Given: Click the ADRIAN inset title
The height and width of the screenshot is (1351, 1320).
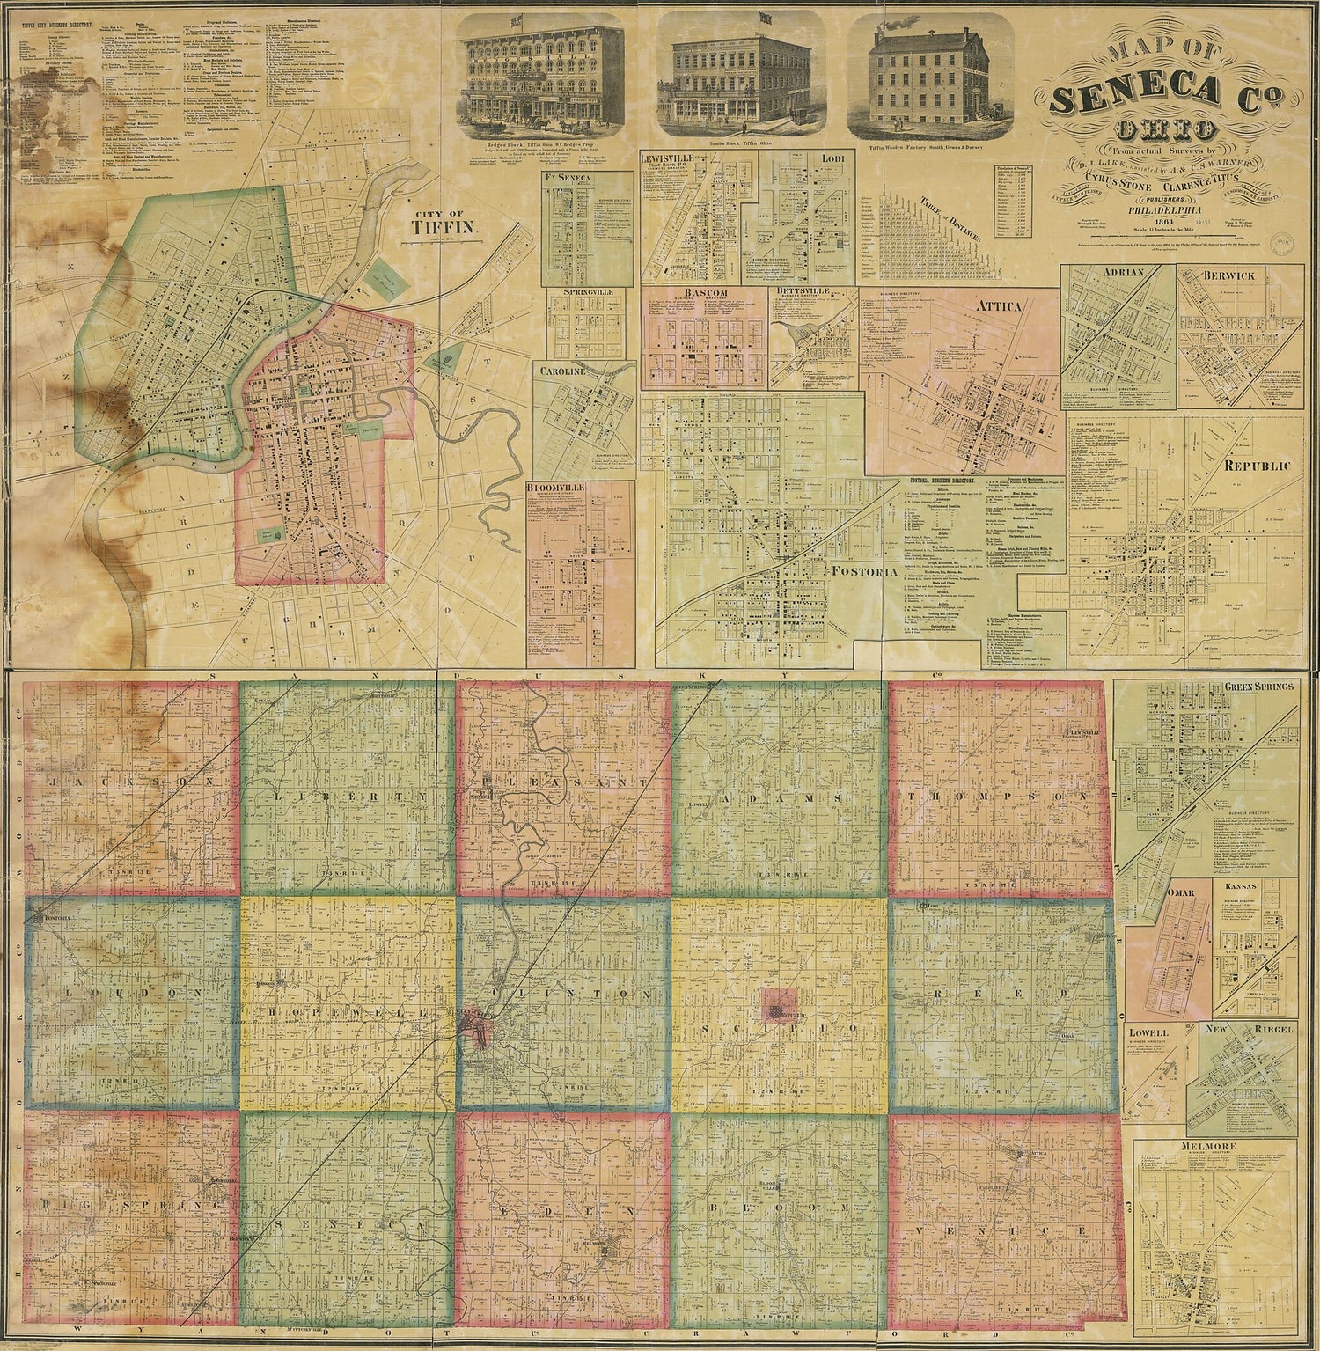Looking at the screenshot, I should [x=1121, y=273].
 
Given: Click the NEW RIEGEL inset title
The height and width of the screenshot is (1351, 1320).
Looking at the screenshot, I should [x=1243, y=1032].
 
